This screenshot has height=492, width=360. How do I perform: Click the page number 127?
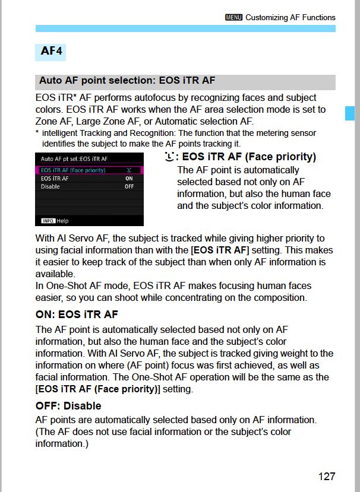326,476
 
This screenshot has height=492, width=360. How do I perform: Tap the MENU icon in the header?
233,18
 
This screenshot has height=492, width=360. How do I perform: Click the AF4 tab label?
51,51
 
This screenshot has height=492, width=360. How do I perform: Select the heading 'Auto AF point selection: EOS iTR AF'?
127,81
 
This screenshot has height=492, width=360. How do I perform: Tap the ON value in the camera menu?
129,179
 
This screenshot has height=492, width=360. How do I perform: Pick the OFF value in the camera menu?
129,187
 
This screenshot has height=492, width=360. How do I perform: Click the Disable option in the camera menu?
50,187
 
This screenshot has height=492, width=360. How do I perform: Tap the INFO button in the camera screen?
48,221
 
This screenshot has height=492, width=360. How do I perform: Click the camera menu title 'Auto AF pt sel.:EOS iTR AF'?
74,159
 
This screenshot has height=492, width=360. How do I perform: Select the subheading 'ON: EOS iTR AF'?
77,315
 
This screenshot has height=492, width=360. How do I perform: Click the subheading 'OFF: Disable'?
68,406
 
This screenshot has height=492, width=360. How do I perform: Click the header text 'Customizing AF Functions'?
290,18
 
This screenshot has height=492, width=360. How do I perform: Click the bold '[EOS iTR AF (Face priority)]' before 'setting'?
97,389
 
